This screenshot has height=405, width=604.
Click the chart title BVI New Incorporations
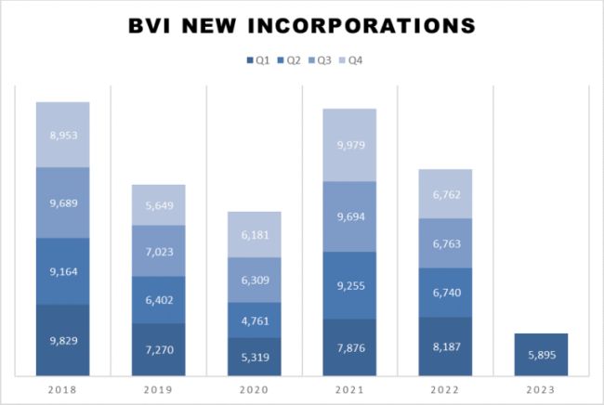pyautogui.click(x=302, y=25)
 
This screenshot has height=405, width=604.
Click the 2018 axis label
pyautogui.click(x=62, y=391)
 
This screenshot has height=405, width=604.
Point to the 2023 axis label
pyautogui.click(x=541, y=391)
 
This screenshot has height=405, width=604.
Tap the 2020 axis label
pyautogui.click(x=254, y=391)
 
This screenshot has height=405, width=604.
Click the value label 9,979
pyautogui.click(x=349, y=144)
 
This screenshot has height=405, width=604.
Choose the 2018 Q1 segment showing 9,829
pyautogui.click(x=62, y=340)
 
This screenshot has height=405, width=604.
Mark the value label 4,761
pyautogui.click(x=254, y=320)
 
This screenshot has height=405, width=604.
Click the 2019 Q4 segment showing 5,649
pyautogui.click(x=158, y=205)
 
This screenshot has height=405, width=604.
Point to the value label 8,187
pyautogui.click(x=445, y=347)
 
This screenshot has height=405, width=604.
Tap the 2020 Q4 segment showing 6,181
pyautogui.click(x=254, y=235)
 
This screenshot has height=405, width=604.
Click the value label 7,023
pyautogui.click(x=158, y=251)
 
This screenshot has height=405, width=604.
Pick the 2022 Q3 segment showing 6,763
pyautogui.click(x=445, y=243)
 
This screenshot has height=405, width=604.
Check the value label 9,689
pyautogui.click(x=62, y=202)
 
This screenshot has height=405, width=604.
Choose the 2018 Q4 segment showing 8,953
pyautogui.click(x=62, y=134)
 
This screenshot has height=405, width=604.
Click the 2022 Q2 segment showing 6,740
pyautogui.click(x=445, y=292)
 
